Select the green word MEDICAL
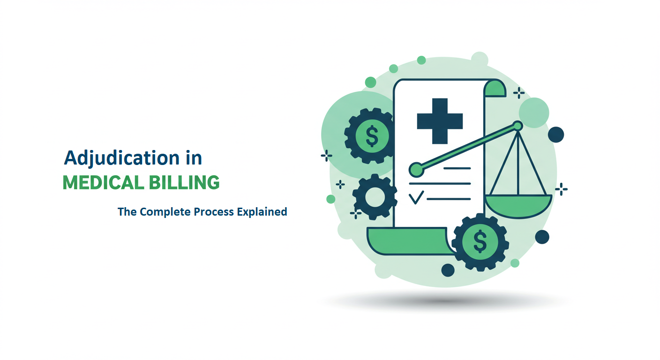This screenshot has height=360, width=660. coord(103,183)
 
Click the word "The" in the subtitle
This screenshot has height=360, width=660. coord(127,212)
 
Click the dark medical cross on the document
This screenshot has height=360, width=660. coord(440,121)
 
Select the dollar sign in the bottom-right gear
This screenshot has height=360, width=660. coord(480,241)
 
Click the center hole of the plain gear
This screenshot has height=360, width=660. coord(375,197)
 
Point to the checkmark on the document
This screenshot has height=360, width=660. coord(416,198)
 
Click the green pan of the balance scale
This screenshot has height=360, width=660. coord(518,206)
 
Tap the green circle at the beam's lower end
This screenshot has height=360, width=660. coord(415,169)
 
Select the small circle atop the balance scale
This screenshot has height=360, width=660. coord(517,126)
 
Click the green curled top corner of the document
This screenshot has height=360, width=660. coord(495,88)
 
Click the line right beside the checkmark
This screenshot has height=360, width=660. coord(448,199)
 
